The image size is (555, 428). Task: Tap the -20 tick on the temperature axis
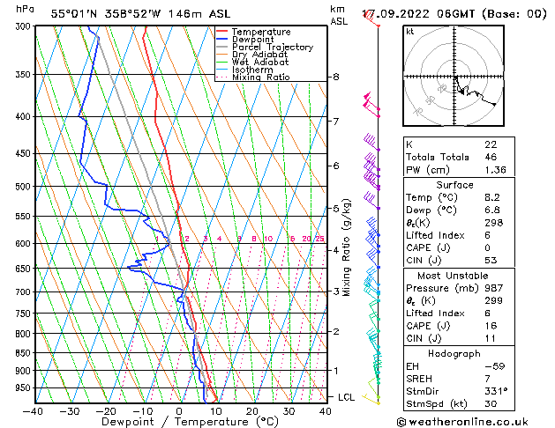point(106,410)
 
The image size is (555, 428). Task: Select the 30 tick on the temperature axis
point(289,410)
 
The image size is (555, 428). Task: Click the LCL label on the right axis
point(347,397)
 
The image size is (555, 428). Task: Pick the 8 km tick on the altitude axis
point(335,77)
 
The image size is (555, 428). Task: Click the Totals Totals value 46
point(491,156)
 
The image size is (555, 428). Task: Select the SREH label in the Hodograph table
point(419,377)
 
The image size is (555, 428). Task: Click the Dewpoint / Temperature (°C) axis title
point(178,422)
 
